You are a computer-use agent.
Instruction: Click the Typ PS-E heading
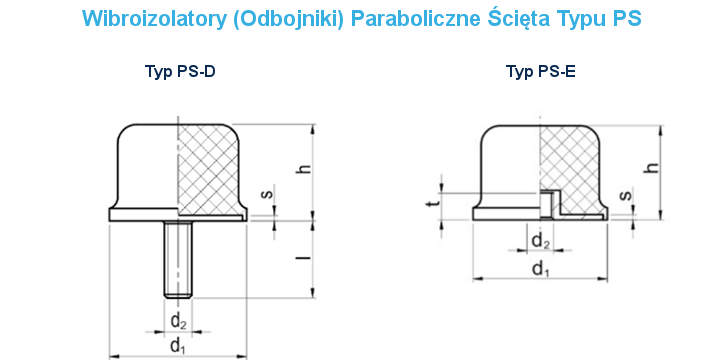pos(541,71)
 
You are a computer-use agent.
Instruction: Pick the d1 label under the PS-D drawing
pos(178,346)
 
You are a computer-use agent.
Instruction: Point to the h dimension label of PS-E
pos(651,169)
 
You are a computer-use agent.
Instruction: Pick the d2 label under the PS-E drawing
pos(540,241)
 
